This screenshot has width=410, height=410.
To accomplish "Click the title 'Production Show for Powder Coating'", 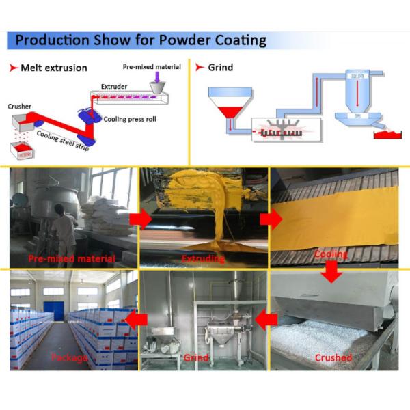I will [x=140, y=40].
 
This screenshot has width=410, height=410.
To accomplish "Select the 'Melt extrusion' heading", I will [x=54, y=68].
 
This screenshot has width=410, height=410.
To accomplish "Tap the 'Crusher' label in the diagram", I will [x=19, y=107].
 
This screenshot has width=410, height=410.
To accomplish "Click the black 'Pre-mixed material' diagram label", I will [x=152, y=67].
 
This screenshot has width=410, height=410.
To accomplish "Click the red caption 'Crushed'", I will [x=333, y=357].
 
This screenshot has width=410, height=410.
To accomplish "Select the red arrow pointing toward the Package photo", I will [x=138, y=318].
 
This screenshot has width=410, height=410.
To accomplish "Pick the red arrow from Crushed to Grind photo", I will [x=266, y=318].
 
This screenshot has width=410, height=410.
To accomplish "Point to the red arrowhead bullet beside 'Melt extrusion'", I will [x=13, y=68].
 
